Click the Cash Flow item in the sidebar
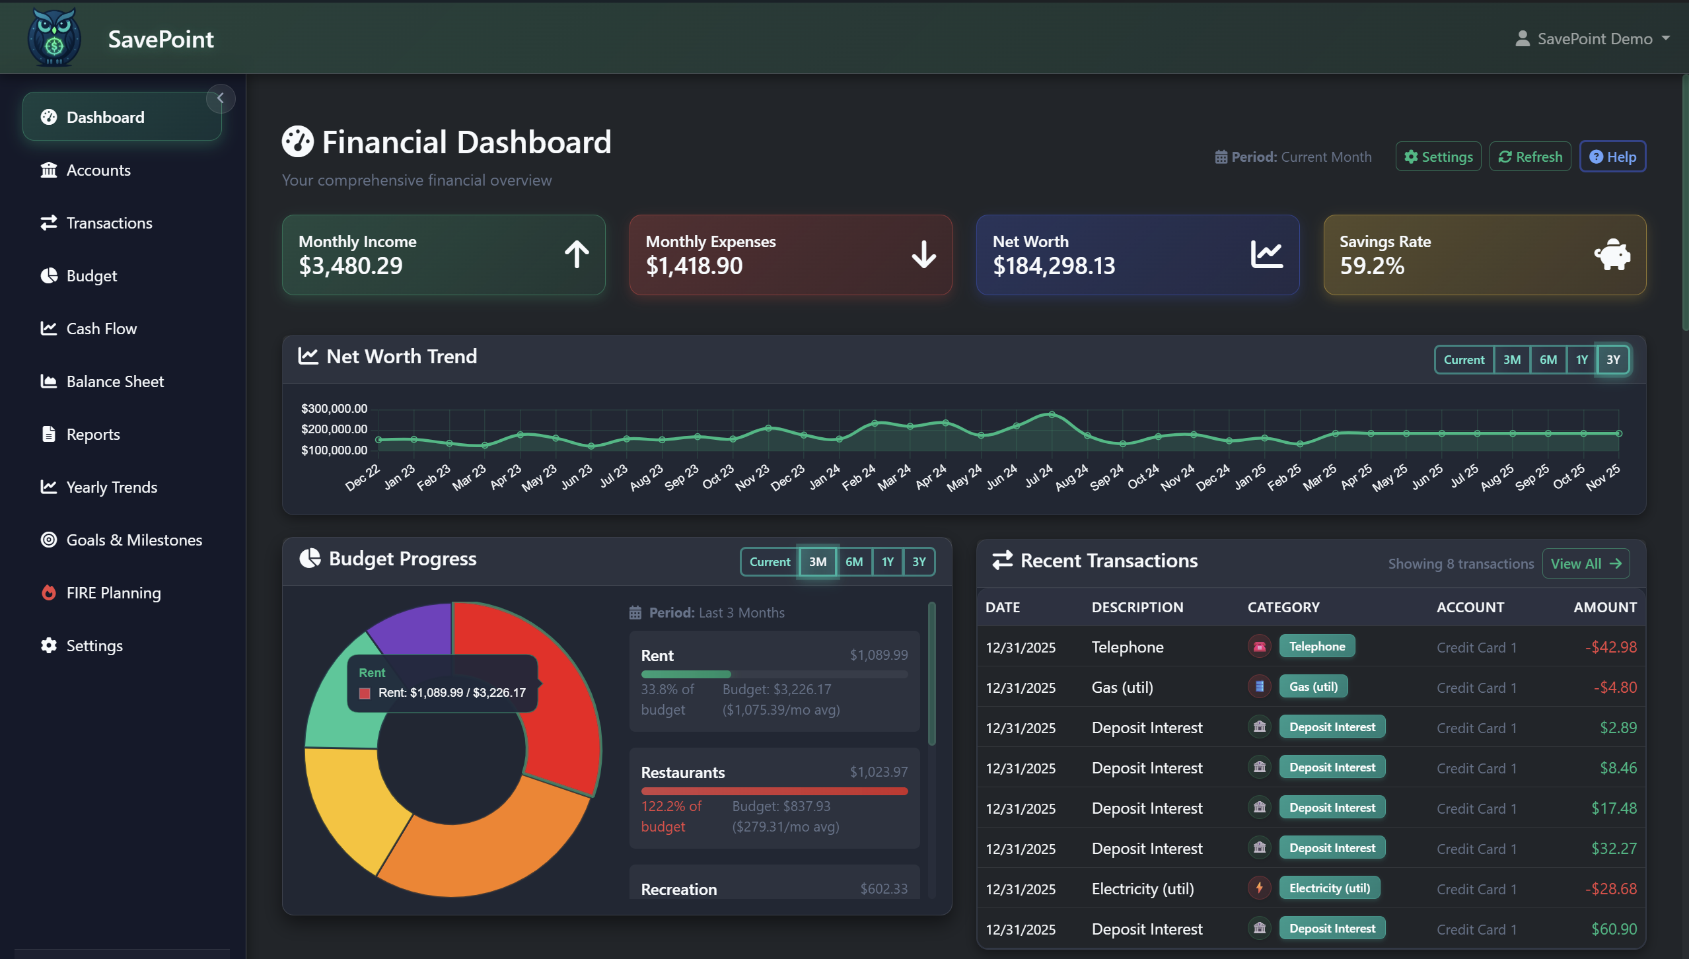coord(101,328)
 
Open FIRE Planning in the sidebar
coord(113,592)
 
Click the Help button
coord(1612,157)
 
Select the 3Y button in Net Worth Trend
coord(1612,359)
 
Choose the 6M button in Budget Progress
coord(853,561)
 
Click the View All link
coord(1585,563)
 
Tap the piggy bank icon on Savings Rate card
coord(1612,254)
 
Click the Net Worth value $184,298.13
coord(1054,266)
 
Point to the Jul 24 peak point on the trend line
coord(1052,415)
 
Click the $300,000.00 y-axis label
coord(334,408)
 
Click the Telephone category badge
coord(1316,646)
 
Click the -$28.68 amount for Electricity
coord(1610,888)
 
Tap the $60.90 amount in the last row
coord(1614,929)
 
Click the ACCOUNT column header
coord(1470,607)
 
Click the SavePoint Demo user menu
coord(1593,38)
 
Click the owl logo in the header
coord(54,38)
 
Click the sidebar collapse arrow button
coord(221,98)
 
